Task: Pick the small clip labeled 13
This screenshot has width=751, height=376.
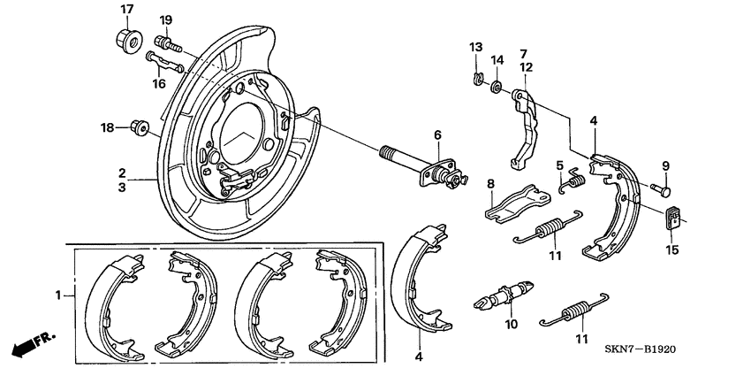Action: (476, 81)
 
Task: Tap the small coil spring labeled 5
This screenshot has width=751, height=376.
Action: (573, 181)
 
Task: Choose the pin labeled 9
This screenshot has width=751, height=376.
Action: (664, 189)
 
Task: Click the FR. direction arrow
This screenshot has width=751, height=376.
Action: (26, 345)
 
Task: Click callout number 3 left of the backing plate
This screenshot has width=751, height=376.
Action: (123, 188)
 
